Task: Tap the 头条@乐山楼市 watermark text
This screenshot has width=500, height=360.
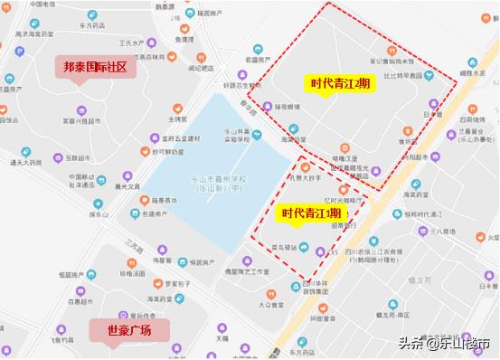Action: click(x=446, y=344)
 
